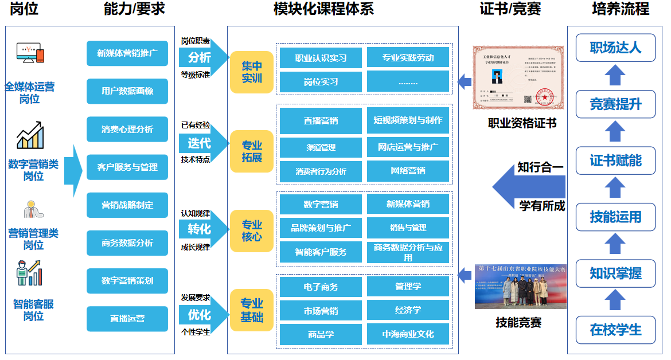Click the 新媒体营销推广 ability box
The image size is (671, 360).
(127, 53)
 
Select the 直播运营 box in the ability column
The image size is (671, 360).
(127, 319)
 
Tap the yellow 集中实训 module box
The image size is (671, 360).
(252, 72)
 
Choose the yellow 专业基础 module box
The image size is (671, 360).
(252, 310)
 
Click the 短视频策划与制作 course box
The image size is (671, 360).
(408, 120)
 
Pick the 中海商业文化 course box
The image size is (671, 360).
(408, 334)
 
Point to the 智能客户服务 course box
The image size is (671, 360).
(321, 252)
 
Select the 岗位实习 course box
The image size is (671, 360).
(321, 82)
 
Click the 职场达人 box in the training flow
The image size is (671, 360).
(615, 48)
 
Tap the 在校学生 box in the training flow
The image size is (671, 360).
(615, 330)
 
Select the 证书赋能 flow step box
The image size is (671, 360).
(615, 161)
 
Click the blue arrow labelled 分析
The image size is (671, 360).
(201, 58)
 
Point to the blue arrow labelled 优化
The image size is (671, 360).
(201, 315)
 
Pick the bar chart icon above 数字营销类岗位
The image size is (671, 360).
(30, 135)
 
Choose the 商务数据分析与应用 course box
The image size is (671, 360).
(408, 252)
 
